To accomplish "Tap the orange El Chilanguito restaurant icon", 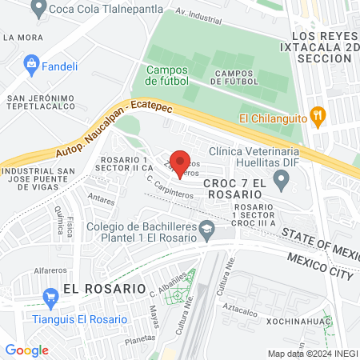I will click(x=318, y=116).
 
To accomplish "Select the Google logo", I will click(x=26, y=350).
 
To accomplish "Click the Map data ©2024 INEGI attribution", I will click(x=312, y=353).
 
